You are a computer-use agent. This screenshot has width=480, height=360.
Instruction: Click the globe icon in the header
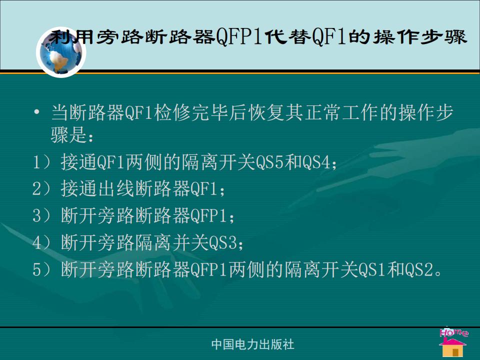[61, 52]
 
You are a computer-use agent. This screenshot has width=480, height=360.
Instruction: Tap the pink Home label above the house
[453, 332]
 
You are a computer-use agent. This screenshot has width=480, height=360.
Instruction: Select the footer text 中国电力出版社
[252, 344]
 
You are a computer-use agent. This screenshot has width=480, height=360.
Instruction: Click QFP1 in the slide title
[239, 37]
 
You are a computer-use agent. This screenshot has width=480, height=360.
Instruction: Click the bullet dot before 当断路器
[36, 112]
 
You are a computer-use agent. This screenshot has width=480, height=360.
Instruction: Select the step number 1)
[42, 162]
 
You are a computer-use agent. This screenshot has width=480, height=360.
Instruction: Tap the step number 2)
[42, 188]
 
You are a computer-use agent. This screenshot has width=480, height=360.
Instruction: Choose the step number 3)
[42, 215]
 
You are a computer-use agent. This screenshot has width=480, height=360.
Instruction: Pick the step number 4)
[42, 242]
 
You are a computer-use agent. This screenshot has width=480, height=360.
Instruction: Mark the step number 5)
[42, 269]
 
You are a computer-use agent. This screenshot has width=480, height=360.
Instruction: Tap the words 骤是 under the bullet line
[69, 134]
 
